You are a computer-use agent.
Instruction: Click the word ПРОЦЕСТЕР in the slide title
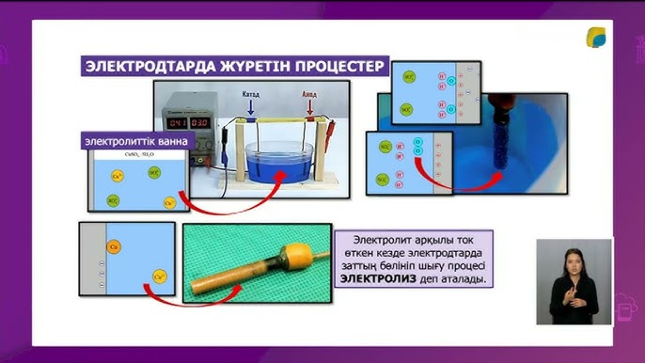pyautogui.click(x=333, y=67)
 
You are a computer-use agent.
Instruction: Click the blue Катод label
pyautogui.click(x=250, y=96)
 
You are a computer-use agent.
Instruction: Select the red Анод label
pyautogui.click(x=308, y=96)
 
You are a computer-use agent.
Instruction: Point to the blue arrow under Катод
pyautogui.click(x=250, y=111)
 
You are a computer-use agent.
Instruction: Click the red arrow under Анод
pyautogui.click(x=308, y=111)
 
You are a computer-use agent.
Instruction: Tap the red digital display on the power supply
pyautogui.click(x=187, y=123)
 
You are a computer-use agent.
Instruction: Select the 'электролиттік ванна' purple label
pyautogui.click(x=135, y=141)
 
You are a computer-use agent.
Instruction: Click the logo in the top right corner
pyautogui.click(x=598, y=39)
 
